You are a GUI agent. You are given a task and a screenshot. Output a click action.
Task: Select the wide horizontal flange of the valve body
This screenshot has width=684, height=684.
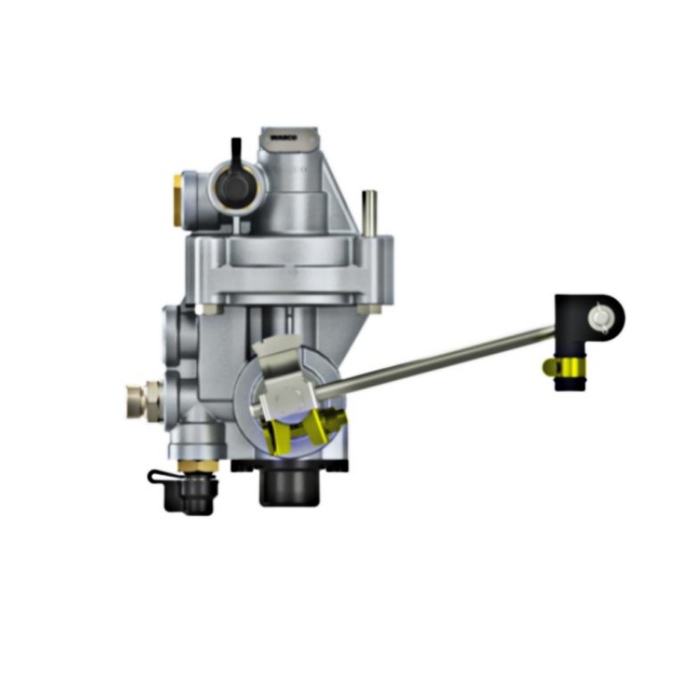pyautogui.click(x=289, y=267)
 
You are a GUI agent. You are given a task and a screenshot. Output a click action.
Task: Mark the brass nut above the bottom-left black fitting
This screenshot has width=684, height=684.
pyautogui.click(x=189, y=465)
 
